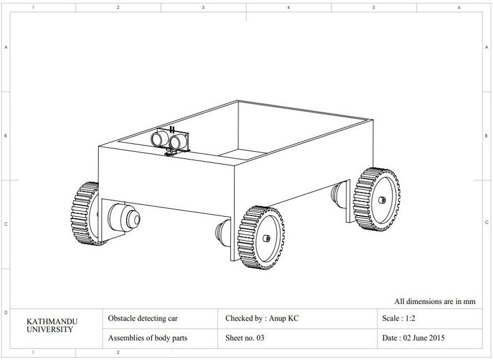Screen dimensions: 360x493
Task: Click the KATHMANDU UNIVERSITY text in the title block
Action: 52,325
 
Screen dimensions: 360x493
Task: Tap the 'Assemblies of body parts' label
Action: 147,338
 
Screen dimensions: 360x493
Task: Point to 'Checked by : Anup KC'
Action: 261,318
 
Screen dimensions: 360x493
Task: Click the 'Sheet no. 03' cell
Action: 245,338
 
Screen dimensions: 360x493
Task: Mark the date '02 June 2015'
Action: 414,338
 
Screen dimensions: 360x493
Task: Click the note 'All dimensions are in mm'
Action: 435,302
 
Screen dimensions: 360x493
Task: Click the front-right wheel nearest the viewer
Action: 262,238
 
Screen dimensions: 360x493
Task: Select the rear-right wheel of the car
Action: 378,199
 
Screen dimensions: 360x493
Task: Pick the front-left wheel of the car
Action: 85,213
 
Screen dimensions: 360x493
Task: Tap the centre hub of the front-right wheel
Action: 266,238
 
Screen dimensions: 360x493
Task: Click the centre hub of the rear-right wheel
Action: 381,199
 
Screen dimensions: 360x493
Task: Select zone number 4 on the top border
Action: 289,8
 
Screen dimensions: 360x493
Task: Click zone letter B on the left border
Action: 6,136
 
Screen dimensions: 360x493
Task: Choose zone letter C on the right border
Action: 487,223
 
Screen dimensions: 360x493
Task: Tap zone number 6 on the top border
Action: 459,8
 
